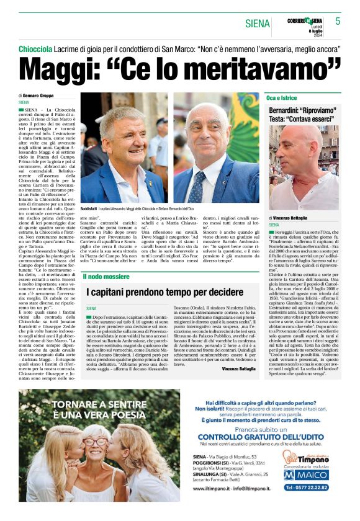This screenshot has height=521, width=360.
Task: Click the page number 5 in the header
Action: tap(338, 21)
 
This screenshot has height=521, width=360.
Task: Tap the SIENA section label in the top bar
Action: tap(258, 24)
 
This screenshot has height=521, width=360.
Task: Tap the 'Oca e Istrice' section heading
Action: tap(281, 98)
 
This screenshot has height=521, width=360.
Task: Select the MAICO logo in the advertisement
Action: tap(305, 474)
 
